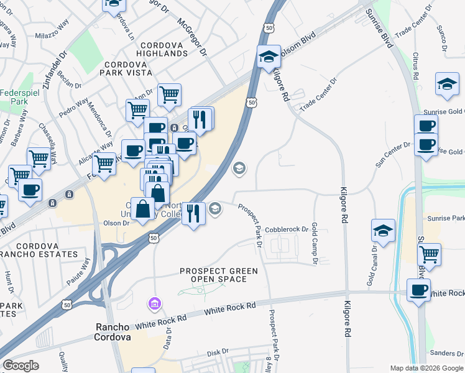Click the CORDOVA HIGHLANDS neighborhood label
[x=164, y=49]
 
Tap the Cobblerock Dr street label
[x=287, y=229]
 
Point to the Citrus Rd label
[x=416, y=65]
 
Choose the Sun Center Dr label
[x=394, y=155]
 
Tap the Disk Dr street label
[x=218, y=352]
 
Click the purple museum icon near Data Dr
[x=154, y=305]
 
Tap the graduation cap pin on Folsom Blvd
[x=267, y=58]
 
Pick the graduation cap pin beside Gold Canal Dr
[x=383, y=230]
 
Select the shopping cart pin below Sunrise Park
[x=429, y=254]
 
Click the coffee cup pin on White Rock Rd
[x=418, y=290]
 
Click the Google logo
[x=21, y=366]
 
